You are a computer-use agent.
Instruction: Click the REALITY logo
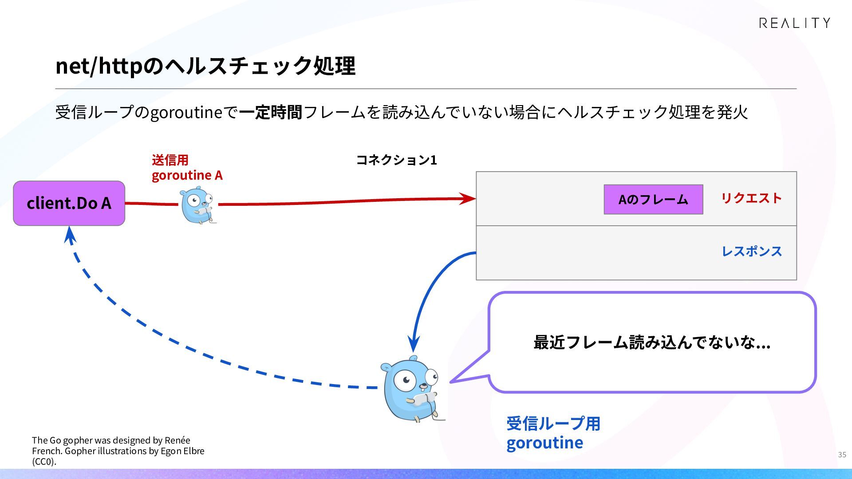click(x=794, y=23)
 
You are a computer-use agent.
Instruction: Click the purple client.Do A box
click(x=69, y=203)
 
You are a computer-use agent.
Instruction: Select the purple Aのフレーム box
click(x=653, y=200)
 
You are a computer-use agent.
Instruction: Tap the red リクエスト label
click(x=751, y=198)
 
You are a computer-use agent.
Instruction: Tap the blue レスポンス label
click(x=752, y=251)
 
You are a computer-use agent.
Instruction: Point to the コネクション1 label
click(x=397, y=160)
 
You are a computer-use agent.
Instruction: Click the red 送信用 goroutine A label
click(x=187, y=168)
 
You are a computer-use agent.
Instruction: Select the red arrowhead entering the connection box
click(x=468, y=198)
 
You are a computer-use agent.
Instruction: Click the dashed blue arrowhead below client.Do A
click(x=70, y=234)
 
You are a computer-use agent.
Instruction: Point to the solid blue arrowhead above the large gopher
click(x=414, y=344)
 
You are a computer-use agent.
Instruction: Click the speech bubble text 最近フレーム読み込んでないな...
click(x=651, y=342)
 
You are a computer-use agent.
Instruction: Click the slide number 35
click(x=842, y=455)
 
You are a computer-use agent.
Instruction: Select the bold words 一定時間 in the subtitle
click(x=271, y=112)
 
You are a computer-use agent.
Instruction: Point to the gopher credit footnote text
click(x=118, y=451)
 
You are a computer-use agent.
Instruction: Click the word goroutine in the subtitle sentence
click(x=186, y=113)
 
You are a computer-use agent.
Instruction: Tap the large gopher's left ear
click(x=387, y=367)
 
